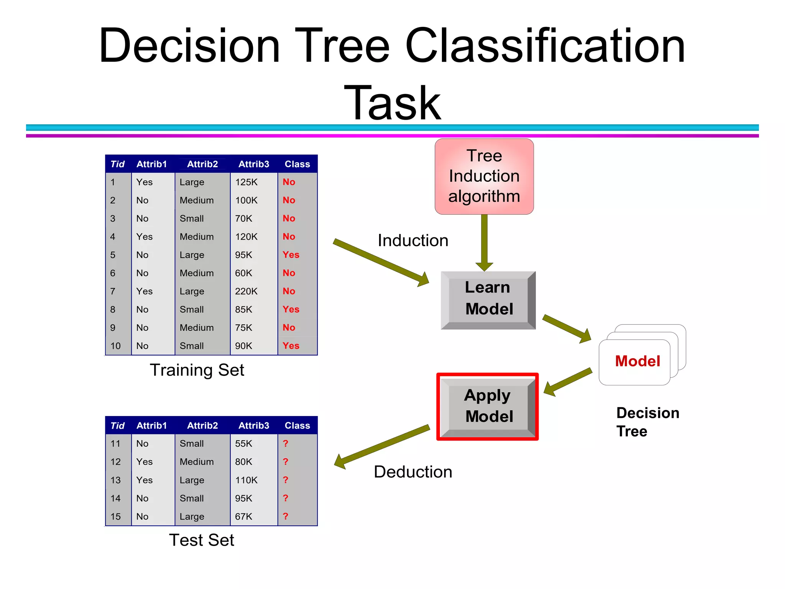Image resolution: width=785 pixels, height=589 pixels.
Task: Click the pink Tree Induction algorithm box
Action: (x=484, y=176)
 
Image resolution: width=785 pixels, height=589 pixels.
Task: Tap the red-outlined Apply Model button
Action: (x=488, y=406)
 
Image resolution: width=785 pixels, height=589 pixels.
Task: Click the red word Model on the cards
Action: (x=637, y=361)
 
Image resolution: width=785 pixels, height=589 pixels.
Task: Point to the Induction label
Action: (x=413, y=241)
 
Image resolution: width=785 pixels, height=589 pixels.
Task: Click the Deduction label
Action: (x=413, y=472)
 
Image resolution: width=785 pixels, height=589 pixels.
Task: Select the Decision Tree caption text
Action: (x=647, y=422)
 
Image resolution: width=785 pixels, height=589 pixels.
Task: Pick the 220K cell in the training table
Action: (x=246, y=291)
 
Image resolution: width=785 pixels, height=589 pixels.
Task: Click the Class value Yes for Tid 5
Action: (x=291, y=255)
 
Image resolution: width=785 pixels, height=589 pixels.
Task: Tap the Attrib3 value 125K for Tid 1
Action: (x=246, y=182)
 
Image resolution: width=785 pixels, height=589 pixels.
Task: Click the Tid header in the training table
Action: (x=117, y=164)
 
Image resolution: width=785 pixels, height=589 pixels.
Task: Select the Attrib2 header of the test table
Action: (x=202, y=426)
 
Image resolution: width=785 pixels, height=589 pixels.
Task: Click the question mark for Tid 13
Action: (x=286, y=480)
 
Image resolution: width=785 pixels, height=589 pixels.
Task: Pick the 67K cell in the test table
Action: (x=244, y=517)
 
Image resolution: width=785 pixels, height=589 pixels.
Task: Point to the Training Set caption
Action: (x=197, y=370)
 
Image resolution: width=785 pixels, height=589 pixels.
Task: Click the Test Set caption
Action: (x=201, y=540)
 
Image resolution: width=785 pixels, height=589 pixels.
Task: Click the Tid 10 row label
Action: (x=115, y=346)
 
